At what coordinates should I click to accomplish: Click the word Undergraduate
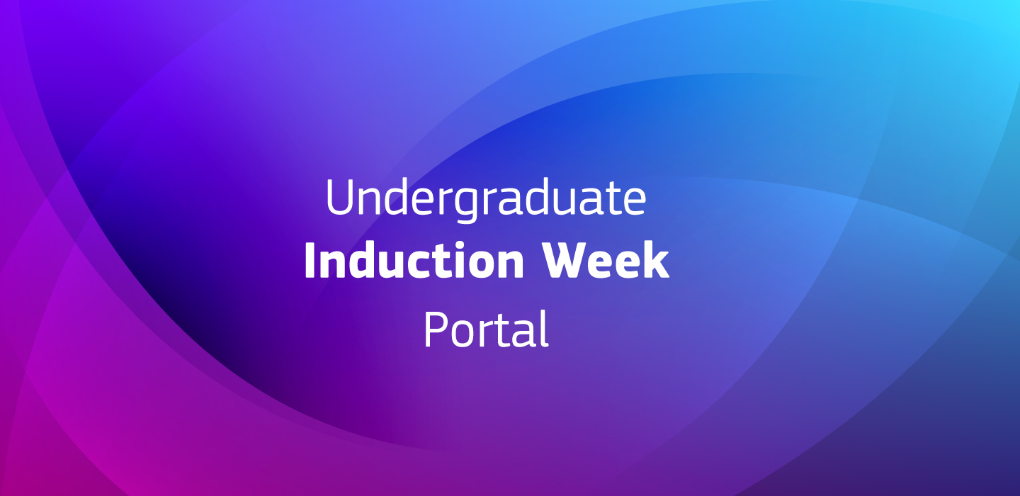(486, 200)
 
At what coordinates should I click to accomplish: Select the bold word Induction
(414, 261)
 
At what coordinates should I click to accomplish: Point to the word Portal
(486, 329)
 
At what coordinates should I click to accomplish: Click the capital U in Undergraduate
(340, 197)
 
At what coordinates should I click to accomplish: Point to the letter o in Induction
(478, 265)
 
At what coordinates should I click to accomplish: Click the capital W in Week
(565, 261)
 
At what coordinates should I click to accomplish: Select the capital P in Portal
(436, 329)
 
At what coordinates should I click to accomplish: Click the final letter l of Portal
(544, 329)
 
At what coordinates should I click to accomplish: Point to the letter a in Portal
(523, 334)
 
